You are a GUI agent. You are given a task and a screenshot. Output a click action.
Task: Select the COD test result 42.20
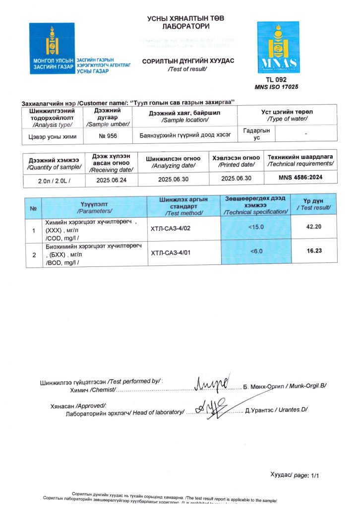point(314,227)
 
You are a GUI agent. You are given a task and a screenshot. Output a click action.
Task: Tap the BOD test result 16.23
point(314,251)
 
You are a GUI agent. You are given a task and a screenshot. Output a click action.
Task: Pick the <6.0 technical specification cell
point(256,252)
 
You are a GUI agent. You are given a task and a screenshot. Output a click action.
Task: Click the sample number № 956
point(108,134)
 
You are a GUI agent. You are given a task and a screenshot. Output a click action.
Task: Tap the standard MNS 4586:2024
point(300,177)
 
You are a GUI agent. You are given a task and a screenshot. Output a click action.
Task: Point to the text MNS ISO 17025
point(276,87)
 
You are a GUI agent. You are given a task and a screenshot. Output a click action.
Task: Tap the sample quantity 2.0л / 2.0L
point(54,180)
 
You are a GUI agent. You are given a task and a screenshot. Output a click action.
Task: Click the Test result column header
point(313,204)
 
